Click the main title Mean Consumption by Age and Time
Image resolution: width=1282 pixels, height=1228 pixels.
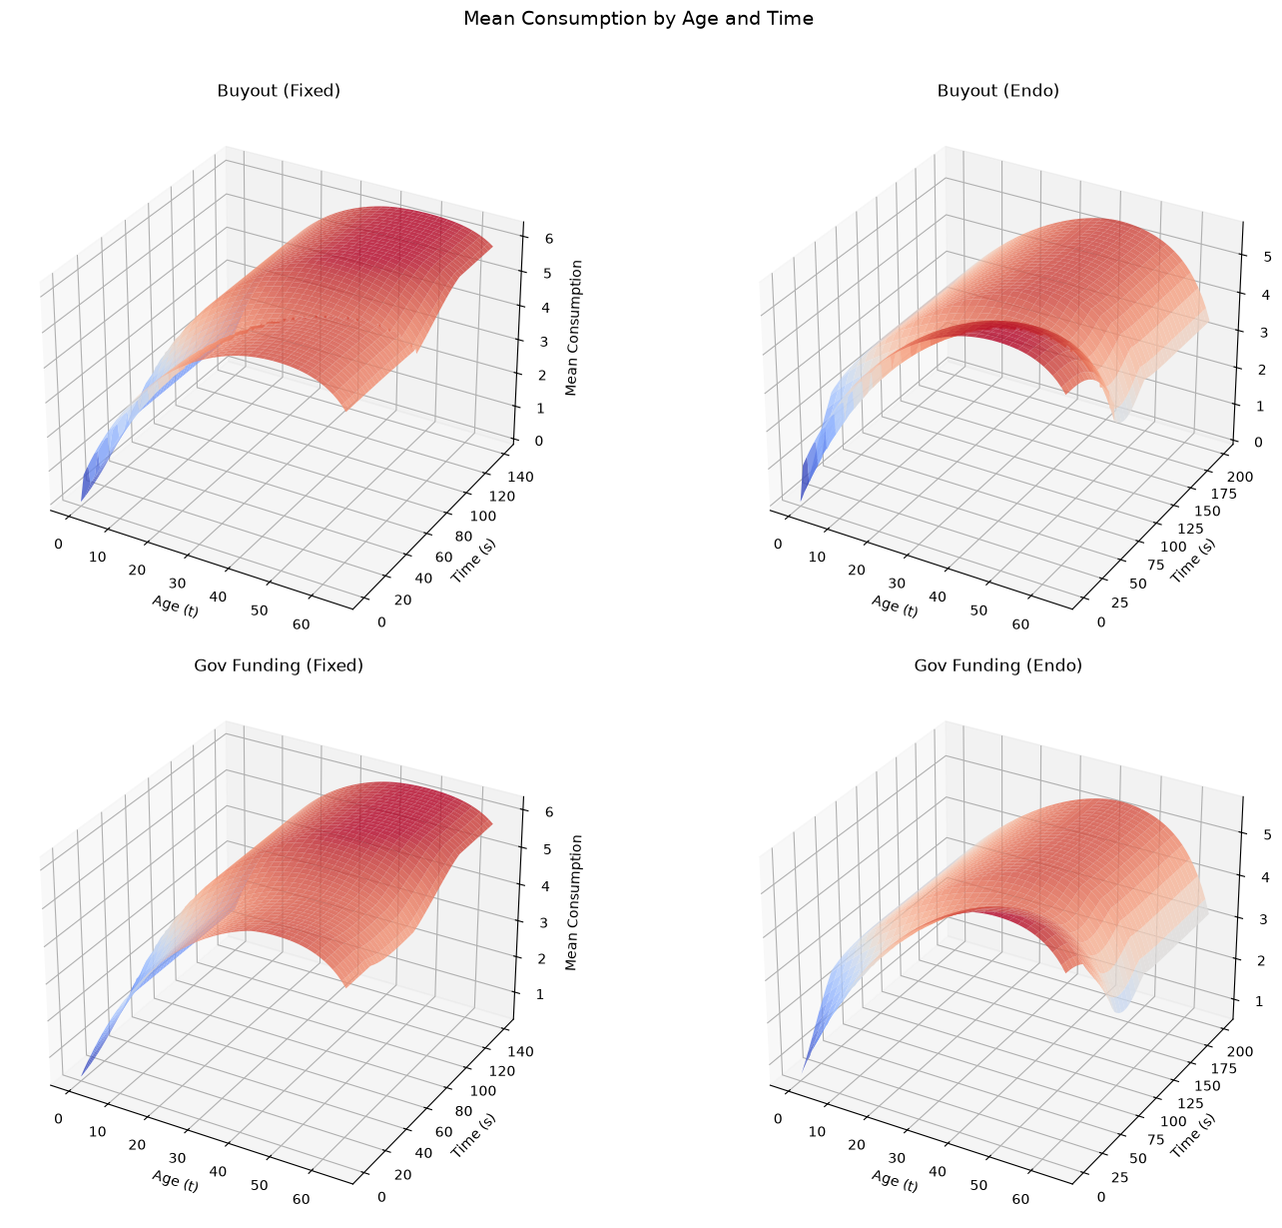pyautogui.click(x=638, y=18)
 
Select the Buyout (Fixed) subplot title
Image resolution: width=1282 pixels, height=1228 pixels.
pyautogui.click(x=279, y=90)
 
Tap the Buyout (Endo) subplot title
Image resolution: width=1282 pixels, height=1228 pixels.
pyautogui.click(x=997, y=90)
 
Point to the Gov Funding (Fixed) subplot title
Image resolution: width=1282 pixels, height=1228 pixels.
pyautogui.click(x=279, y=665)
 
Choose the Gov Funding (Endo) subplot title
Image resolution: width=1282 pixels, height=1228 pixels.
pyautogui.click(x=997, y=665)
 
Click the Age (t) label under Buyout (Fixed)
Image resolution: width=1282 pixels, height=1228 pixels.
pyautogui.click(x=175, y=606)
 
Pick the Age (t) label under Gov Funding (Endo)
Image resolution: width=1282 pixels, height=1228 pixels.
pyautogui.click(x=894, y=1181)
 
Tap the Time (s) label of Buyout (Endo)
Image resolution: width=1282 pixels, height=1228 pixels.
pyautogui.click(x=1193, y=561)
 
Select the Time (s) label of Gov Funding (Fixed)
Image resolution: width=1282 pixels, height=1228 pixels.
pyautogui.click(x=473, y=1135)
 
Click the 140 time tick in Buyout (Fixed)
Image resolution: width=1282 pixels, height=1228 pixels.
pyautogui.click(x=520, y=477)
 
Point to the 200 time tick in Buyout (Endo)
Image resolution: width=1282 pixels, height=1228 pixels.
pyautogui.click(x=1240, y=477)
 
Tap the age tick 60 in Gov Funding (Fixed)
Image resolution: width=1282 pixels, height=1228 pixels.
pyautogui.click(x=302, y=1199)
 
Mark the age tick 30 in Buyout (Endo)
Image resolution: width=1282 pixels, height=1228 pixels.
pyautogui.click(x=896, y=584)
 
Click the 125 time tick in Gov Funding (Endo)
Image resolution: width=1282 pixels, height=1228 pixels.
pyautogui.click(x=1190, y=1103)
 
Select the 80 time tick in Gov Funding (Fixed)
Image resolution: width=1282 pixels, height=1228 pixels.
pyautogui.click(x=463, y=1111)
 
